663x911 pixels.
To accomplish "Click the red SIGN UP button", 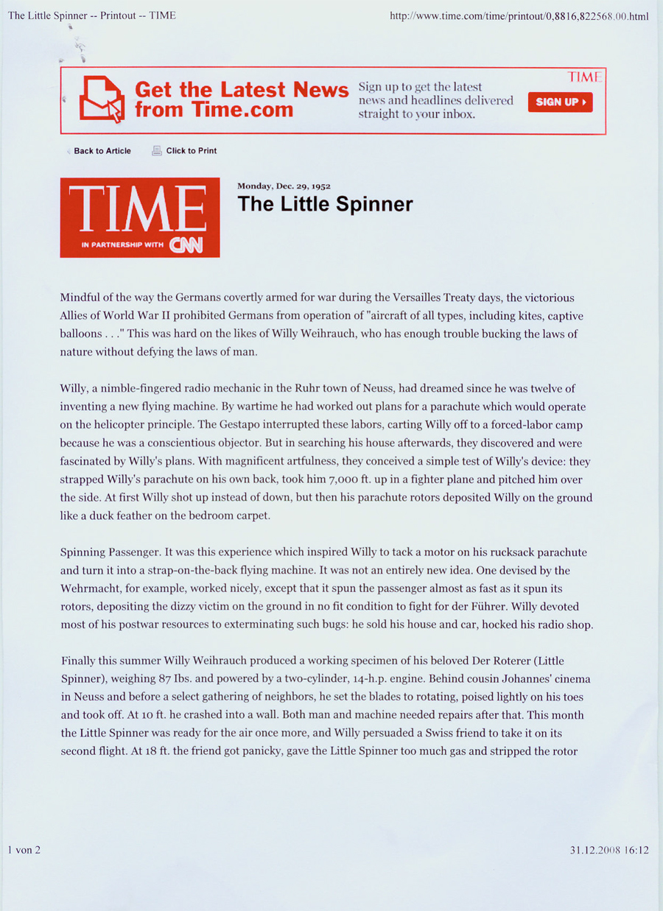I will click(560, 102).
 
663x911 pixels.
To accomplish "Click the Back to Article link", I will click(102, 151).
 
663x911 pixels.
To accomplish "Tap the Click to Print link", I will click(192, 151).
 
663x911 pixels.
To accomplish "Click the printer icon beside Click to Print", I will click(157, 150).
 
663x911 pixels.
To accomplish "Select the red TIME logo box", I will click(140, 217).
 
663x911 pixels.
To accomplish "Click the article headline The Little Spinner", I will click(325, 204).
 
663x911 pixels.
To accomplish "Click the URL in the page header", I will click(519, 16).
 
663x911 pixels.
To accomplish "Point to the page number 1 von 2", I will click(24, 850).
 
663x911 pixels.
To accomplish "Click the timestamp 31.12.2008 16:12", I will click(608, 850).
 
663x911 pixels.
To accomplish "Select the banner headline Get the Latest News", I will click(242, 90).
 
